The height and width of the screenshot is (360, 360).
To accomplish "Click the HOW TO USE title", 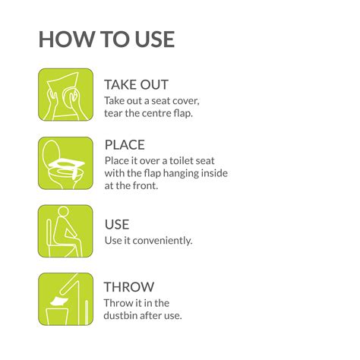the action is [x=106, y=39].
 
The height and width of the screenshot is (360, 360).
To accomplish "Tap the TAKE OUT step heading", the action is [x=137, y=84].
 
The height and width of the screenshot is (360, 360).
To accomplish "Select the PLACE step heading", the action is [x=125, y=145].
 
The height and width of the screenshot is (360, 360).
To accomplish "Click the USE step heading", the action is [x=117, y=224].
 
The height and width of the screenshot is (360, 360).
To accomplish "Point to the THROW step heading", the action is [x=129, y=287].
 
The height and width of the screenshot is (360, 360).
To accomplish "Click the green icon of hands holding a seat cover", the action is [x=65, y=94].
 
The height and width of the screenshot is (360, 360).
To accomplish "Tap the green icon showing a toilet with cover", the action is [x=65, y=163].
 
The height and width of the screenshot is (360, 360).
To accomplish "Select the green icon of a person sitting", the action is [x=65, y=231].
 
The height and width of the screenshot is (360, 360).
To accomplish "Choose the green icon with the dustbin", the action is [x=65, y=299].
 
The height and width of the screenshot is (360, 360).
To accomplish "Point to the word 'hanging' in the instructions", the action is [x=180, y=174].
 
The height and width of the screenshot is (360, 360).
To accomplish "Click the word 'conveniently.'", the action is [x=163, y=241].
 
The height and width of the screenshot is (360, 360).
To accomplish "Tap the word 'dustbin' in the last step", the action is [x=120, y=316].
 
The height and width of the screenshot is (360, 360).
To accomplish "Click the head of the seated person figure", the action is [x=63, y=212].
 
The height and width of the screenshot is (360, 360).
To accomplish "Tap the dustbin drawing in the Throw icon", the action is [x=58, y=317].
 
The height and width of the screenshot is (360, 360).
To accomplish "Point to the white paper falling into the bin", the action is [x=59, y=302].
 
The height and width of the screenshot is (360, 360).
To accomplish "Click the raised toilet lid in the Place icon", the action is [x=51, y=153].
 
